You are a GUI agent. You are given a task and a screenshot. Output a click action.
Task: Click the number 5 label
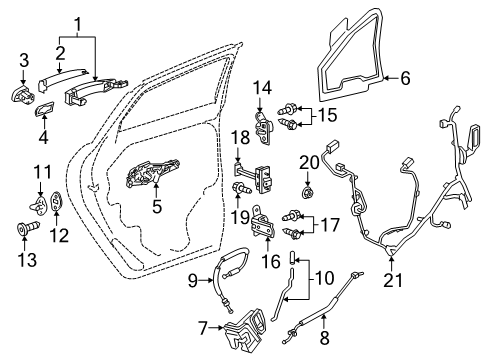pos(155,208)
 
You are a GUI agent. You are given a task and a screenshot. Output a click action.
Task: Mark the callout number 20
pos(306,159)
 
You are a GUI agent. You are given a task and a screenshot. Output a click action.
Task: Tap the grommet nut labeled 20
pos(307,188)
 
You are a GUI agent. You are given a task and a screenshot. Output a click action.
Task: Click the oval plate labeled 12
pos(57,201)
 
